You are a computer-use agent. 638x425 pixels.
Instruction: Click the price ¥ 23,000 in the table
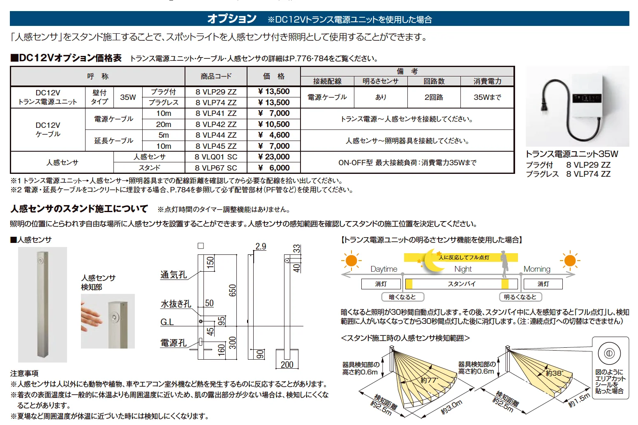tap(274, 157)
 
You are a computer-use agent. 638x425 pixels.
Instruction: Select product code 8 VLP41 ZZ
tap(216, 113)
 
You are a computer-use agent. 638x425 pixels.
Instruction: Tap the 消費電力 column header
tap(487, 81)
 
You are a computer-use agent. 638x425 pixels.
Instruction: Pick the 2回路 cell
tap(434, 97)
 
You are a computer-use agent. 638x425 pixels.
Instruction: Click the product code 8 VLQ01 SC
tap(216, 157)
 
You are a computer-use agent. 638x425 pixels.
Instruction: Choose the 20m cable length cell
tap(164, 124)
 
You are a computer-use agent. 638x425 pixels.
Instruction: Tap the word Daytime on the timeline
tap(384, 269)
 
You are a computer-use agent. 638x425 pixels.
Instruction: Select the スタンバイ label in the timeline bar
tap(461, 284)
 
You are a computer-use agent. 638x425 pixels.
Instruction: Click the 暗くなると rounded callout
tap(402, 297)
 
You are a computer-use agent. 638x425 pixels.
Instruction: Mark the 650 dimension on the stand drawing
tap(232, 290)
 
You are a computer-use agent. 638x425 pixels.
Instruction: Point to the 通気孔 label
tap(173, 275)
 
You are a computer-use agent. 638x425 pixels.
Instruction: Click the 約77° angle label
tap(430, 380)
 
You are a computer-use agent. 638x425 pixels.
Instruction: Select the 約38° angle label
tap(554, 373)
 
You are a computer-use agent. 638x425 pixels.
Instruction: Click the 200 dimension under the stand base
tap(287, 365)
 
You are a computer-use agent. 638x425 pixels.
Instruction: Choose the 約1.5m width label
tap(579, 400)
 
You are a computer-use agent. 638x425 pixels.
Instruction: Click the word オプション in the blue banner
tap(232, 19)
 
